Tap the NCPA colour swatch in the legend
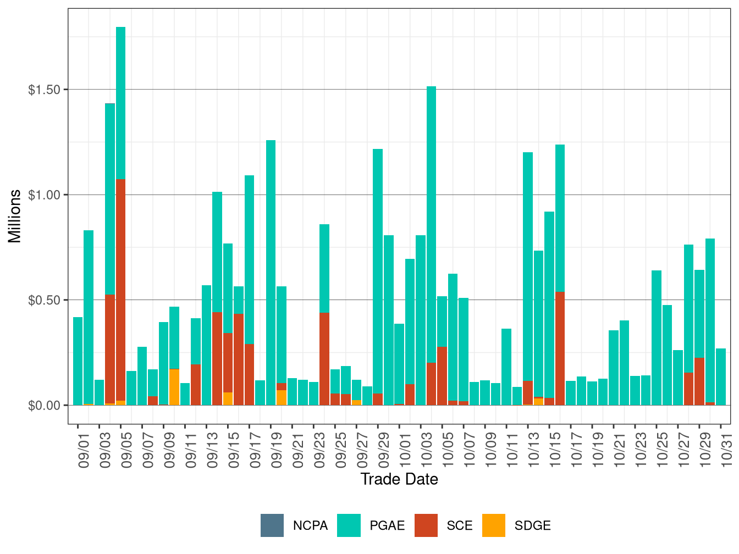[x=272, y=525]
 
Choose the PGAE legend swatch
[x=349, y=525]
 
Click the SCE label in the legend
[x=460, y=525]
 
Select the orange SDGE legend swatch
[x=493, y=525]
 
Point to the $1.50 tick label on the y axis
[x=44, y=90]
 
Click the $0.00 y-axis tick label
[x=44, y=406]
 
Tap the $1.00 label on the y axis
[x=44, y=195]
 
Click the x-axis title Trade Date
[x=399, y=479]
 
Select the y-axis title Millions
[x=15, y=216]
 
